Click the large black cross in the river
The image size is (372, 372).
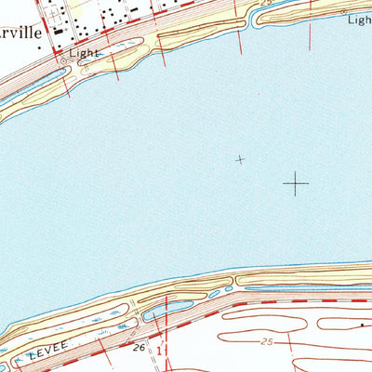pyautogui.click(x=296, y=183)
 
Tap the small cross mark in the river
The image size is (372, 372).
pyautogui.click(x=241, y=160)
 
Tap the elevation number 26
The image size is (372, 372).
pyautogui.click(x=139, y=347)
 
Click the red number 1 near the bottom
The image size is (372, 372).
pyautogui.click(x=160, y=352)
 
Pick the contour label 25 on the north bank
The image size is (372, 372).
pyautogui.click(x=267, y=4)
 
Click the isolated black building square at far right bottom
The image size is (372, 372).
pyautogui.click(x=363, y=325)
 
